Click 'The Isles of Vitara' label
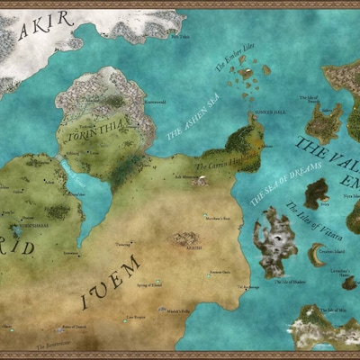(x=306, y=221)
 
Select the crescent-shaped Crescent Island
(x=315, y=256)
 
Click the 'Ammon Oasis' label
(x=219, y=271)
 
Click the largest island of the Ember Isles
(x=267, y=69)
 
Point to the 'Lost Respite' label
(x=135, y=317)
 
